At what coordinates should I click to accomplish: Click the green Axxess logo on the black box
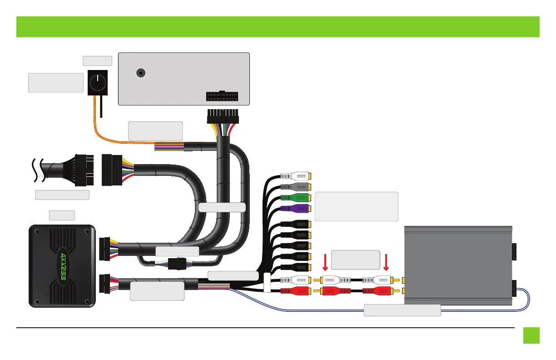(63, 266)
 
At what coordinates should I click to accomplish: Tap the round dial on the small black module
(98, 83)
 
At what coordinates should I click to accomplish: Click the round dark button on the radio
(141, 73)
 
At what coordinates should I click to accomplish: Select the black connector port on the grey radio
(222, 96)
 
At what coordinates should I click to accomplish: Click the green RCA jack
(296, 198)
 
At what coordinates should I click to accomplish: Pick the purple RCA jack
(296, 209)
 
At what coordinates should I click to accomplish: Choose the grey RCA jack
(296, 187)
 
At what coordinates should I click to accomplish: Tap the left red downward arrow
(325, 262)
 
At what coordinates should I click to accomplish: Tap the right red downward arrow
(386, 262)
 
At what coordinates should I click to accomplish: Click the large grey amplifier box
(458, 265)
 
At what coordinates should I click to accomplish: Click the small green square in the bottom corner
(531, 335)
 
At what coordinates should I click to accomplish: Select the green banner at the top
(278, 27)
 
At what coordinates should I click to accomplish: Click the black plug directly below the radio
(223, 116)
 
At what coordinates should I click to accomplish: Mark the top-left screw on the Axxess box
(37, 231)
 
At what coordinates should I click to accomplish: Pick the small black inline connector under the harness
(177, 264)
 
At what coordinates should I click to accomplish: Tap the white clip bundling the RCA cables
(267, 282)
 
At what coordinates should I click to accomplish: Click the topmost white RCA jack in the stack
(296, 176)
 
